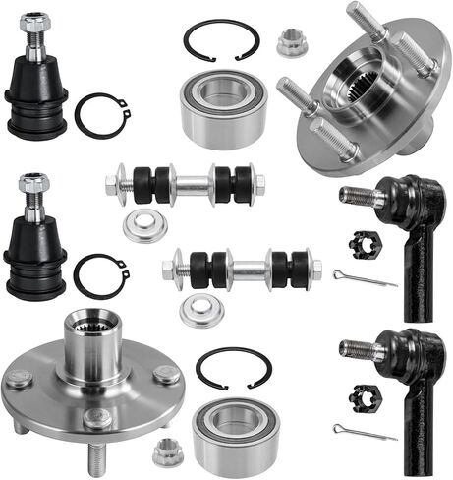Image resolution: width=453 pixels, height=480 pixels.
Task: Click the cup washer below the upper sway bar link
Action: click(144, 225)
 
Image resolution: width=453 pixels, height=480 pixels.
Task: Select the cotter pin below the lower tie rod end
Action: click(363, 433)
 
